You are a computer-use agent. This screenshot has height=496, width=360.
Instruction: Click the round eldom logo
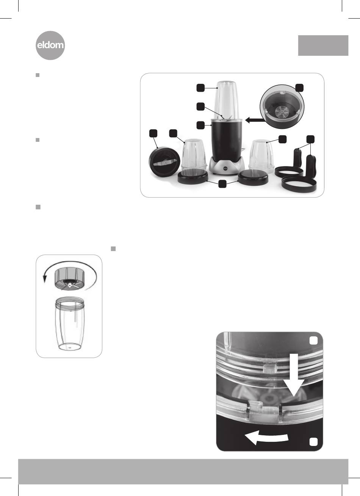click(x=50, y=46)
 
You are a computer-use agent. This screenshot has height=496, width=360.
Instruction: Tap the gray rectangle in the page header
click(x=323, y=46)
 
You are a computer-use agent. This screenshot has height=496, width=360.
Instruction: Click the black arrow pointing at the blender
click(x=255, y=120)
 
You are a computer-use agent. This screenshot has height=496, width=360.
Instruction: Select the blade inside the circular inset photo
click(x=281, y=111)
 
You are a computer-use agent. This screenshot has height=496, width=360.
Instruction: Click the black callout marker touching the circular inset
click(x=300, y=88)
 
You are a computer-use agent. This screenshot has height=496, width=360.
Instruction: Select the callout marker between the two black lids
click(x=222, y=184)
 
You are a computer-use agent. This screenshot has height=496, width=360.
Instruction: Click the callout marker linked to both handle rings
click(x=310, y=139)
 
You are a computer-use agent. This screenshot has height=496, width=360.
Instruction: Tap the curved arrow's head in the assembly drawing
click(x=45, y=279)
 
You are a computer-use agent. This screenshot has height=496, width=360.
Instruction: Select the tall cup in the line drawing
click(x=69, y=323)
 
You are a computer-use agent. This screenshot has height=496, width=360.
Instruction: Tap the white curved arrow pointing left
click(x=266, y=437)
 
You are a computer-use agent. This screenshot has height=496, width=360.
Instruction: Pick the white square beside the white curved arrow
click(x=313, y=442)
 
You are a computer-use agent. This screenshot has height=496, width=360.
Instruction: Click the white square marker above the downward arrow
click(x=313, y=341)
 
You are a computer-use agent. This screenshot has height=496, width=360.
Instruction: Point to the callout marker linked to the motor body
click(x=200, y=125)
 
